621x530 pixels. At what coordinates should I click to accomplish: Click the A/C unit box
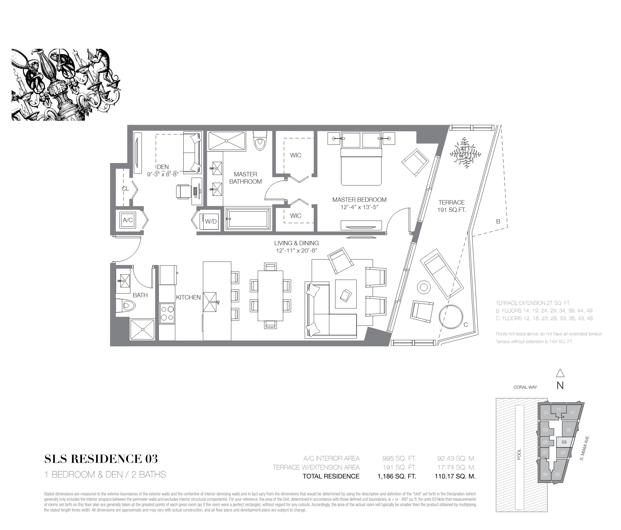tap(128, 220)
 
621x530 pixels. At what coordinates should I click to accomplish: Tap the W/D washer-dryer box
tap(210, 221)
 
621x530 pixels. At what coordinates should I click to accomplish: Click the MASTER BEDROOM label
tap(359, 200)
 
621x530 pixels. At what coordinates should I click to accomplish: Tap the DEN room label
tap(163, 167)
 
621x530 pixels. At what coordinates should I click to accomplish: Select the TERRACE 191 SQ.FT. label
tap(451, 206)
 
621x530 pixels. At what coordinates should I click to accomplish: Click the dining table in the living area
tap(270, 296)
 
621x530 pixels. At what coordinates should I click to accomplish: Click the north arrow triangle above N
tap(560, 373)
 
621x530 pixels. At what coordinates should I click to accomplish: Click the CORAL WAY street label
tap(525, 387)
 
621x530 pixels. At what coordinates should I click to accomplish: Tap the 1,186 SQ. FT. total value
tap(397, 476)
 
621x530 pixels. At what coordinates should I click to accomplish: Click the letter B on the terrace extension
tap(498, 222)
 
